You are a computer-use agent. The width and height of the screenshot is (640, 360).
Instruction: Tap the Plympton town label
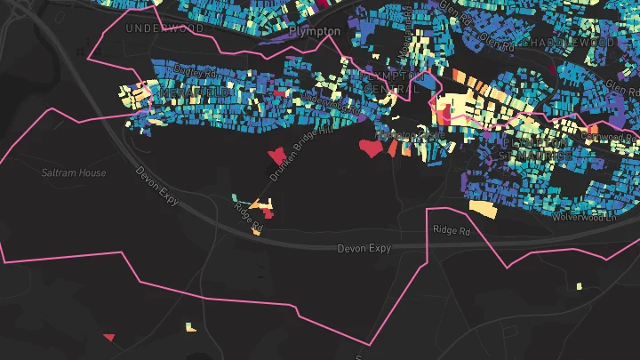point(315,31)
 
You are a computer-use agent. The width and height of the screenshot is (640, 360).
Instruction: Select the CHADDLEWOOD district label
point(568,42)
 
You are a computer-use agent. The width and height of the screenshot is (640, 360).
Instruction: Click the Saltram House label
point(74,172)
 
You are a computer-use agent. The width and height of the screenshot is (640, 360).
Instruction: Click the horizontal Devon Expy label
point(364,249)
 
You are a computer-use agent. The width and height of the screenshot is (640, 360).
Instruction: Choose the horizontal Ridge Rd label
point(452,230)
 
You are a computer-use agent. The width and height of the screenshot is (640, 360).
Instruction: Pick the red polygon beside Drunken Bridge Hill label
point(276,155)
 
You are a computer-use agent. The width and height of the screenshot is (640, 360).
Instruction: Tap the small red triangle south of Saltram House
point(109,337)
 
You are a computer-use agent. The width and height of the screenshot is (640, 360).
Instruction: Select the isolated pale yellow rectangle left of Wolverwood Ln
point(483,209)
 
